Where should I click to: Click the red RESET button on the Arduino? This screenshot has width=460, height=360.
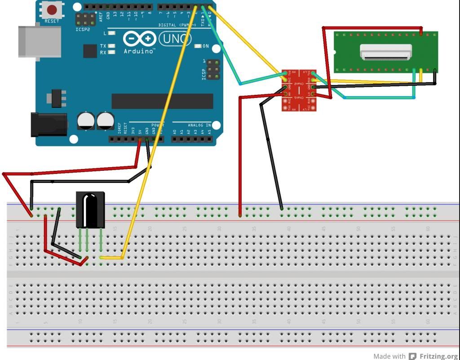[52, 9]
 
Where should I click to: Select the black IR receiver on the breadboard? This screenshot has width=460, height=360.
[90, 209]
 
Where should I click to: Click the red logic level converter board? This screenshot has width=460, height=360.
[299, 90]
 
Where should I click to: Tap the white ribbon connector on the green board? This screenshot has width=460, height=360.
[386, 52]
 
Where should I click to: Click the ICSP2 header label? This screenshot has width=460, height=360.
[83, 29]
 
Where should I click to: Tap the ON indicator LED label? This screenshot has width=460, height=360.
[206, 46]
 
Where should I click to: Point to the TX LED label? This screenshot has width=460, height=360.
[103, 46]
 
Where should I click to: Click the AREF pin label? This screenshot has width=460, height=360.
[101, 17]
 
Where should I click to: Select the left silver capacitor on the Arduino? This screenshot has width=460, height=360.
[86, 121]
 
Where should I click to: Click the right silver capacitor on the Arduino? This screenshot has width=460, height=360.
[106, 121]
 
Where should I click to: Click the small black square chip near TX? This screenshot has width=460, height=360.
[90, 51]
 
